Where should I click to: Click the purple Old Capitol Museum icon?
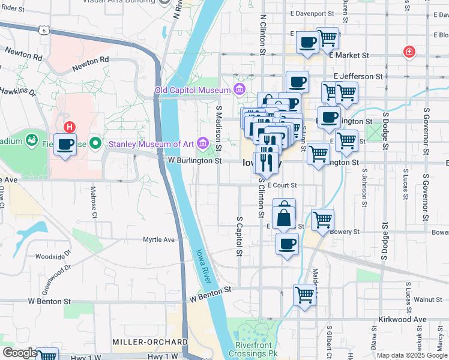[240, 90]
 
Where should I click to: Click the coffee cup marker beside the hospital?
[65, 145]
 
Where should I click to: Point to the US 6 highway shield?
[44, 29]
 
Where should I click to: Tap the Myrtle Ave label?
[158, 239]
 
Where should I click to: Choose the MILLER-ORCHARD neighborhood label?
[150, 341]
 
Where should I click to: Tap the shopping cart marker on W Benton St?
[305, 295]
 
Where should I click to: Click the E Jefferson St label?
[358, 76]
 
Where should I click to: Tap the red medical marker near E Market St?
[409, 52]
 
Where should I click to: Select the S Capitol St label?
[239, 236]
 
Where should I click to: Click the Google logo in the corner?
[19, 353]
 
